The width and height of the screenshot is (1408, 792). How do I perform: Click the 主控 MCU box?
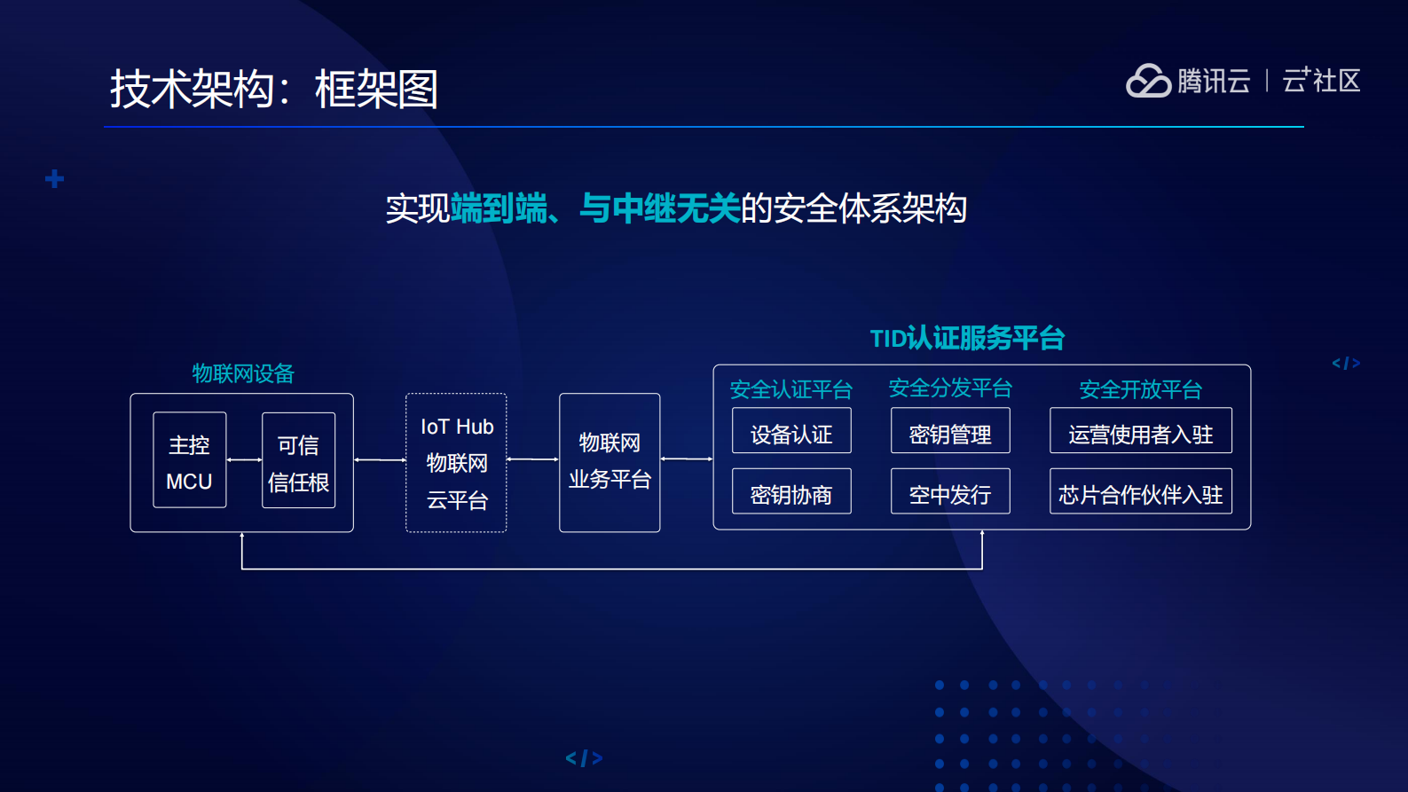click(x=189, y=460)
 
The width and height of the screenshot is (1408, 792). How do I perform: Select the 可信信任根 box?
click(x=298, y=460)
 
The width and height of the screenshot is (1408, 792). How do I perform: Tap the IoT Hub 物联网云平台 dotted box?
click(x=456, y=463)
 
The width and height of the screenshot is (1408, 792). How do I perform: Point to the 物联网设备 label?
click(x=243, y=373)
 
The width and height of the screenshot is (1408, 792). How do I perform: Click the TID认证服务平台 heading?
click(x=967, y=338)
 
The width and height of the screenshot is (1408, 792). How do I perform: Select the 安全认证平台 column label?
click(x=791, y=389)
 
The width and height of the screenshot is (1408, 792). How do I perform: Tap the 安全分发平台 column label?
click(x=950, y=388)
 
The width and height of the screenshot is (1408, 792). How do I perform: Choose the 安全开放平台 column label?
click(x=1140, y=389)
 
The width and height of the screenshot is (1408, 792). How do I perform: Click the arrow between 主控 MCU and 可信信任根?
click(x=244, y=460)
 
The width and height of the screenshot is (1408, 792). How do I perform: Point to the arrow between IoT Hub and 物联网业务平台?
click(x=532, y=459)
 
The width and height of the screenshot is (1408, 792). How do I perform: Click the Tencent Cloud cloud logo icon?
click(x=1149, y=81)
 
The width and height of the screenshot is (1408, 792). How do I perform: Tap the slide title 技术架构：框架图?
click(x=274, y=90)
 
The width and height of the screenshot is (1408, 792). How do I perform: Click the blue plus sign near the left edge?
click(x=55, y=179)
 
